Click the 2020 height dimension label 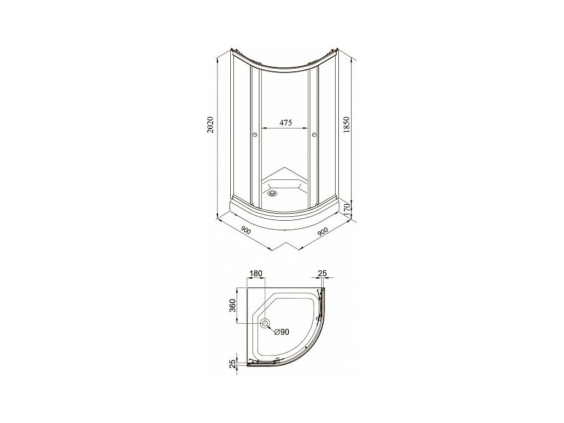click(212, 125)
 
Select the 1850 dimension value click(347, 125)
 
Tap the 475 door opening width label click(285, 123)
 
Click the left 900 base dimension click(245, 230)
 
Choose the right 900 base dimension click(324, 232)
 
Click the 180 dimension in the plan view click(256, 274)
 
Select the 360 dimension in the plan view click(233, 306)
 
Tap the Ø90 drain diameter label click(282, 332)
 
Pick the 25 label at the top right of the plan click(322, 274)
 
